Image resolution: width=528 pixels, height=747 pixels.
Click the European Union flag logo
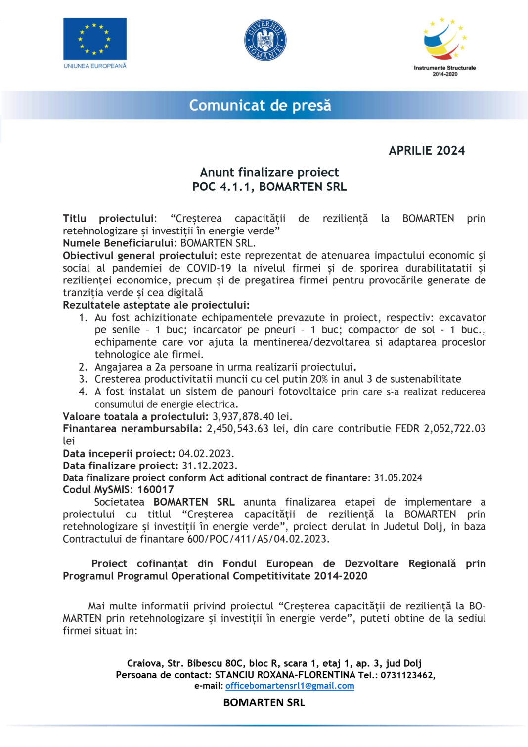pos(94,39)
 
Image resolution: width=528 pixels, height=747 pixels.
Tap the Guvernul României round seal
pos(265,40)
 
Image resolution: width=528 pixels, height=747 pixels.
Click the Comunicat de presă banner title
pos(260,105)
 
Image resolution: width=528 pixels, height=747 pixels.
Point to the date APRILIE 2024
pos(427,151)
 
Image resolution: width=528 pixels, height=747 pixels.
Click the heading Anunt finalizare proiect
pos(269,172)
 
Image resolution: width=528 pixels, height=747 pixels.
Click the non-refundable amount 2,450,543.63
pos(237,428)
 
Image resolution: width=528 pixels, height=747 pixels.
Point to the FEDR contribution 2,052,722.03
pos(454,428)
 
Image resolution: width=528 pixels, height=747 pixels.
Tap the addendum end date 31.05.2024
pos(398,478)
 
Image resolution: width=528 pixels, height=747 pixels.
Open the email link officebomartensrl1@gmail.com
pos(290,686)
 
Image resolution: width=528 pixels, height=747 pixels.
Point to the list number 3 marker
pos(83,379)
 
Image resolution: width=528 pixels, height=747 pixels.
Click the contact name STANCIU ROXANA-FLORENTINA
pos(285,675)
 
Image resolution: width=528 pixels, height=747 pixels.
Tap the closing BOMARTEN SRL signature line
pos(264,702)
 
